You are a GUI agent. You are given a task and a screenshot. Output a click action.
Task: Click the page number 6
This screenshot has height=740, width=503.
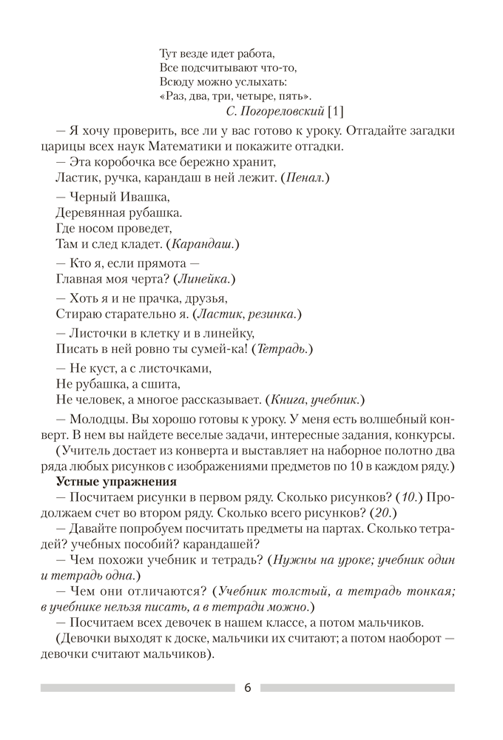click(247, 687)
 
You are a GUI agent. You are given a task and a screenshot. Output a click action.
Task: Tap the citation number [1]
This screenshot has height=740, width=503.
click(336, 111)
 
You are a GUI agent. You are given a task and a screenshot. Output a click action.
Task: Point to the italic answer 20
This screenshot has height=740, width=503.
click(382, 512)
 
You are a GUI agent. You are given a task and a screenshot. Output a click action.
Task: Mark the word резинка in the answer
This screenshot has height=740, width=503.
click(275, 314)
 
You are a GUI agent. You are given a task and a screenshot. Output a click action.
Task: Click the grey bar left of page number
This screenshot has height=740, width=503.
click(138, 688)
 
